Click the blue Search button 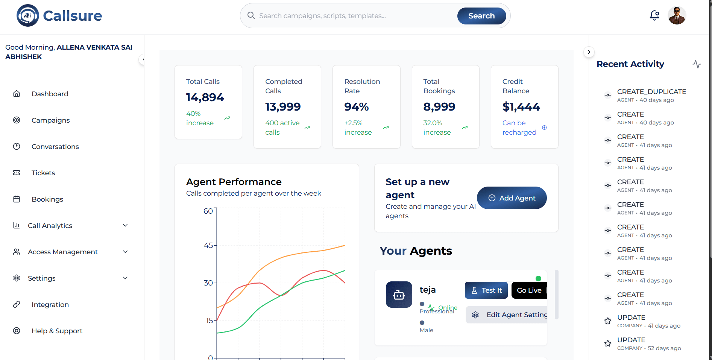click(481, 16)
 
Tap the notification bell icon click(654, 15)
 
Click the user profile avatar click(677, 15)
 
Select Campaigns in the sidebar click(50, 120)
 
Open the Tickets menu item click(43, 173)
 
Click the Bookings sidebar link click(47, 199)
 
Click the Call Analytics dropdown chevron click(125, 225)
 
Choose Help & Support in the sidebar click(57, 331)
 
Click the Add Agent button click(512, 198)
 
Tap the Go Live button click(529, 290)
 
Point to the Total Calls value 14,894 click(205, 97)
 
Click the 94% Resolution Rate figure click(357, 107)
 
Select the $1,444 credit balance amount click(521, 107)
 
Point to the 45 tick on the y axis click(208, 245)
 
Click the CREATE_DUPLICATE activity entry click(651, 92)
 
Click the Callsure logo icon click(27, 15)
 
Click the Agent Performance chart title click(234, 182)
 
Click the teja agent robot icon click(399, 295)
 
